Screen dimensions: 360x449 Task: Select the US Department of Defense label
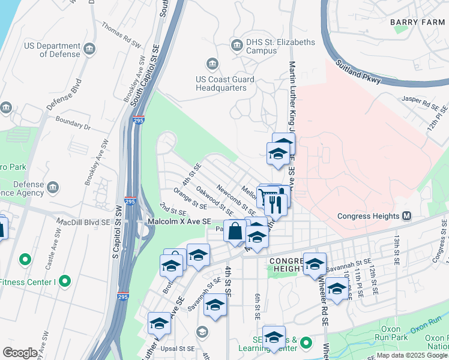52,50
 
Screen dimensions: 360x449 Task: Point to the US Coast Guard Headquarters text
225,83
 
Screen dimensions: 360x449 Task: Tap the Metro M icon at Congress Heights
407,216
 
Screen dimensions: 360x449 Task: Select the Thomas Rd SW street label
122,35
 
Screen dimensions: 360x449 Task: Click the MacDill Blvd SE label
84,221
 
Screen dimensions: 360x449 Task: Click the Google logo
20,353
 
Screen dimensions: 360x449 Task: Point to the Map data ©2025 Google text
412,355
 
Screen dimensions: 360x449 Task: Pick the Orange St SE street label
190,200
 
